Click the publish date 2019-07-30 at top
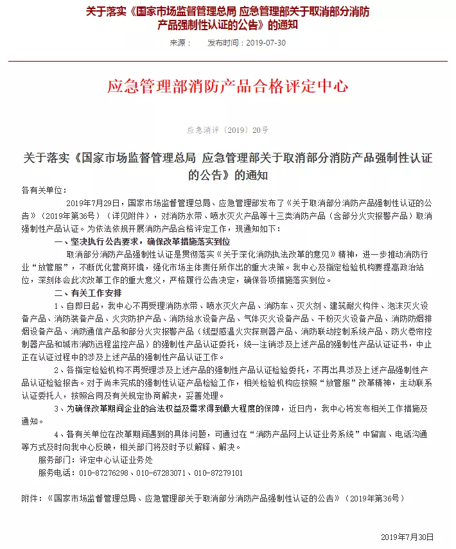pyautogui.click(x=265, y=43)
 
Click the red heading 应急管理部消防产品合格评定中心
pyautogui.click(x=227, y=86)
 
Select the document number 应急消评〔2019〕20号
pyautogui.click(x=227, y=130)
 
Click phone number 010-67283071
pyautogui.click(x=161, y=473)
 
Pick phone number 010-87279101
pyautogui.click(x=218, y=473)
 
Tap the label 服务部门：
pyautogui.click(x=58, y=460)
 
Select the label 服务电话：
pyautogui.click(x=58, y=473)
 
